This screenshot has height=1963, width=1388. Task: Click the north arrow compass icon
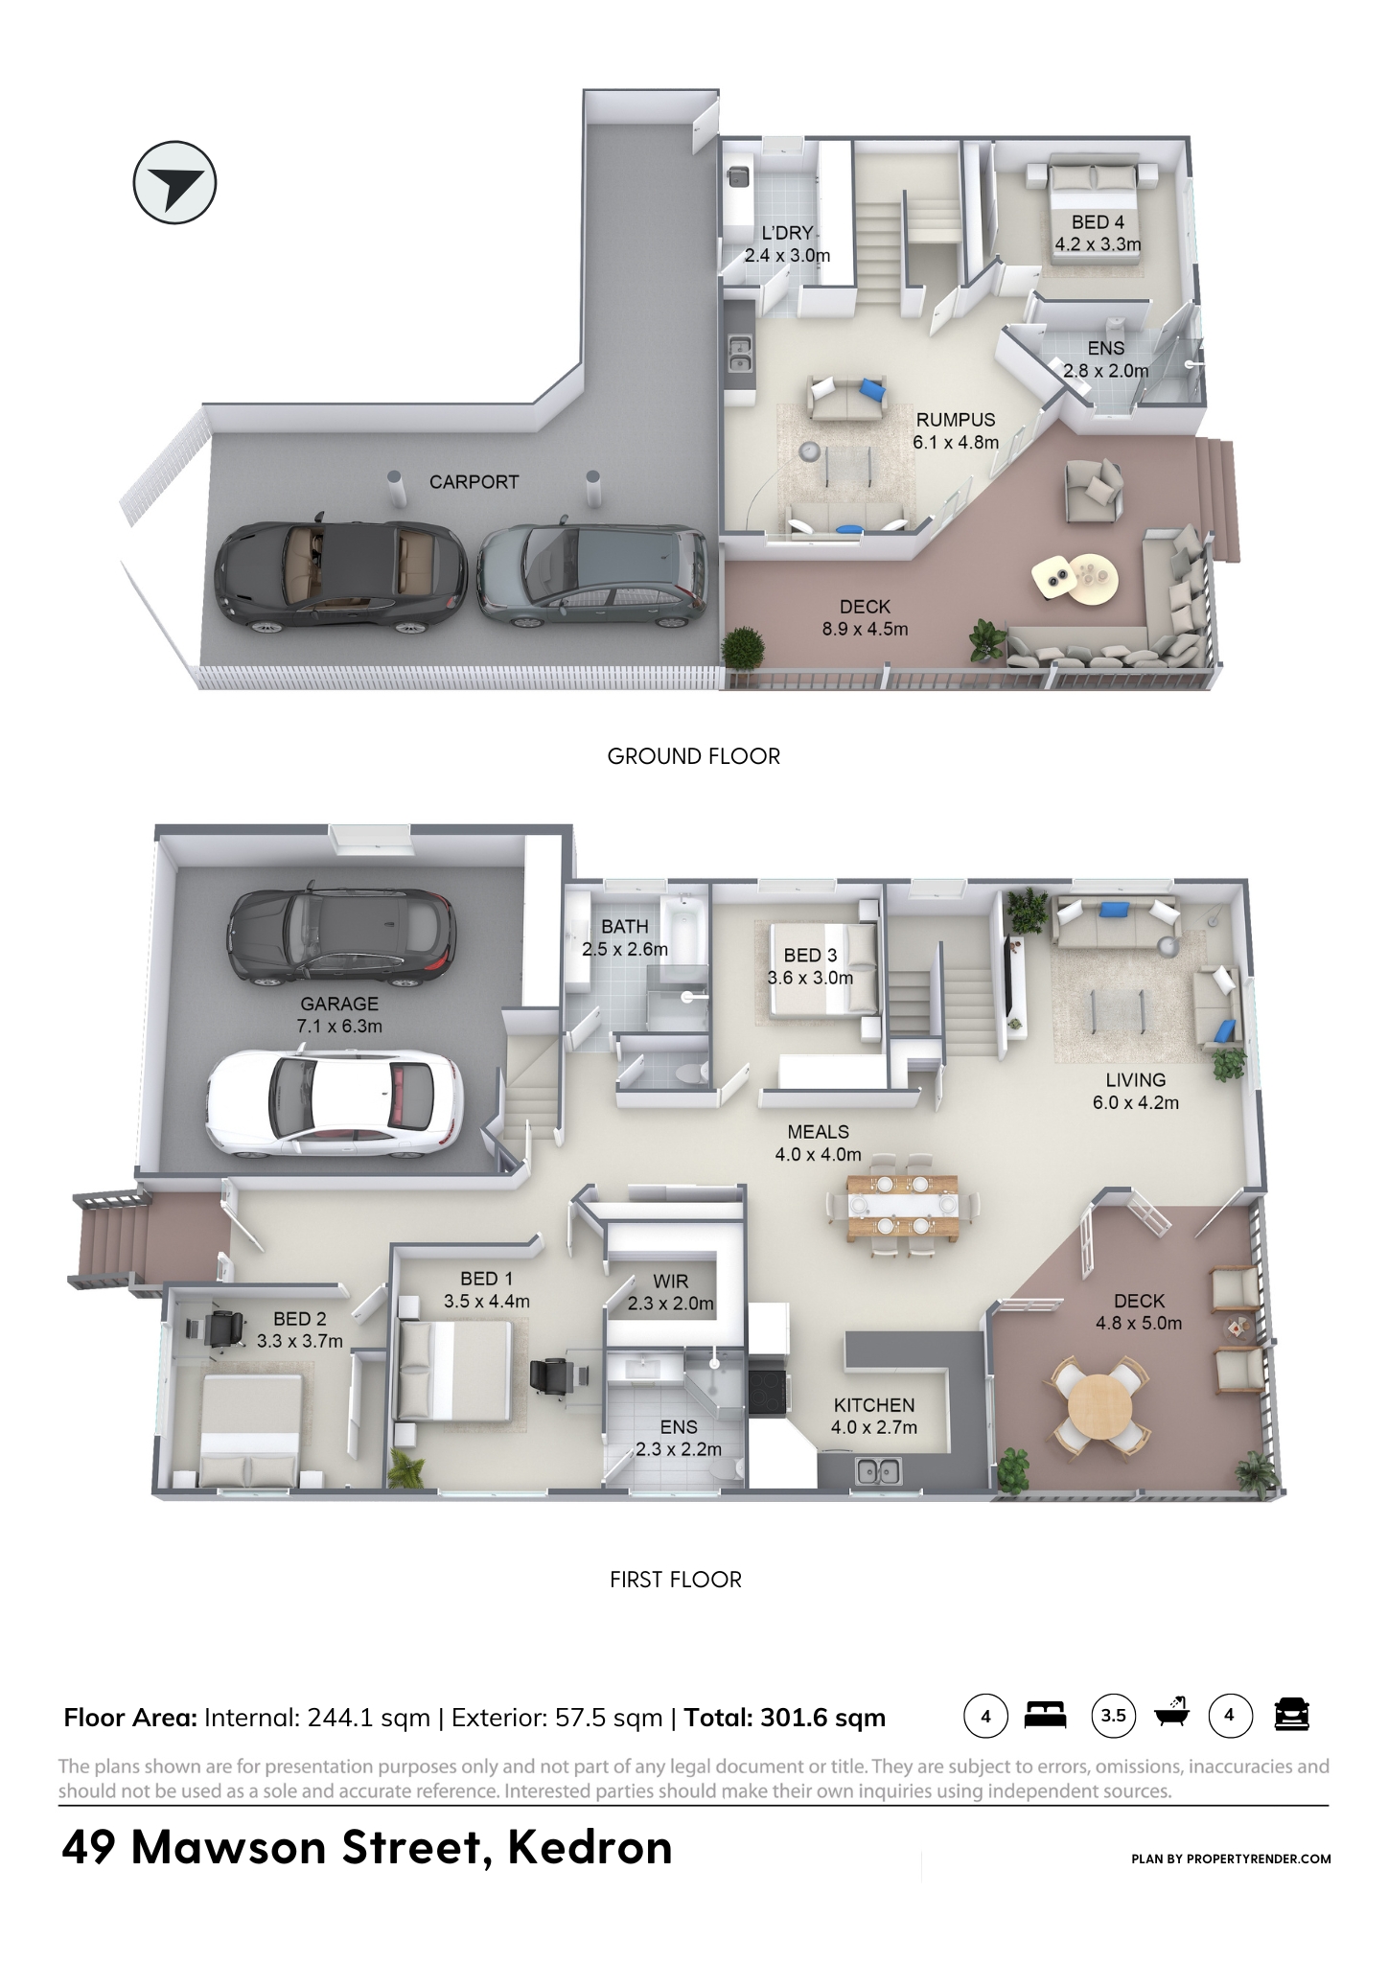click(x=174, y=182)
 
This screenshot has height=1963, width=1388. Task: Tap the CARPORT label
click(x=474, y=482)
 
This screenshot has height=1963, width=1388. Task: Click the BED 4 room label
click(x=1098, y=222)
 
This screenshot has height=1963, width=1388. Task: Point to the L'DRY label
click(x=787, y=233)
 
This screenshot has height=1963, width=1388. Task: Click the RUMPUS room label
click(x=956, y=420)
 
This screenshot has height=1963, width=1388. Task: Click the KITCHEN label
click(x=874, y=1405)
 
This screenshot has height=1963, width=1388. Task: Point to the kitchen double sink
click(x=878, y=1469)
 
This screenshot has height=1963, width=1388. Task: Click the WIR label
click(x=671, y=1282)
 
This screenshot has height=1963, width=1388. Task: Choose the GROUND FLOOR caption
click(x=694, y=756)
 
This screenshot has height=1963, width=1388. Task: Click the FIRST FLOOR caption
click(x=676, y=1580)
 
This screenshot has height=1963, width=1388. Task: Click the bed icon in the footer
click(x=1045, y=1715)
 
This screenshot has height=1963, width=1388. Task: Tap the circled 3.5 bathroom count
click(x=1114, y=1715)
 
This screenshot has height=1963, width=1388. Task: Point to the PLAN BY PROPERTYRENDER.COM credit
click(x=1231, y=1859)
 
